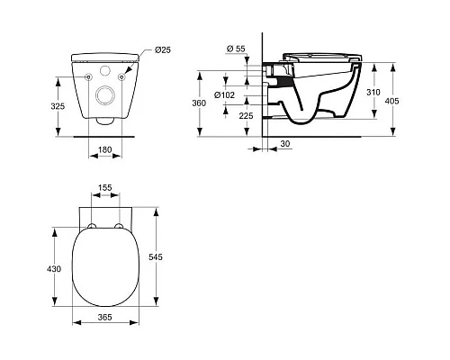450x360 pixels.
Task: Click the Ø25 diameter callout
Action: pos(163,49)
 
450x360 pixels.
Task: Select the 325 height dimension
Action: pos(58,106)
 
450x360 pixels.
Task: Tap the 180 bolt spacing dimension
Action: pos(105,149)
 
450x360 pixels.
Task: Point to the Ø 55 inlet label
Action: pos(236,49)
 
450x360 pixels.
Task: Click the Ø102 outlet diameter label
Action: pos(224,95)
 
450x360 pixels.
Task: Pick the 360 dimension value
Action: pos(199,103)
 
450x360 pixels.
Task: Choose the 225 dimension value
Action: pos(246,116)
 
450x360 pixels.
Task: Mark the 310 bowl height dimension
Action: pos(373,93)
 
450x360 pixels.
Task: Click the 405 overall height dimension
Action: pos(391,101)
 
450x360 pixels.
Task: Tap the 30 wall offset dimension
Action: pos(285,144)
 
